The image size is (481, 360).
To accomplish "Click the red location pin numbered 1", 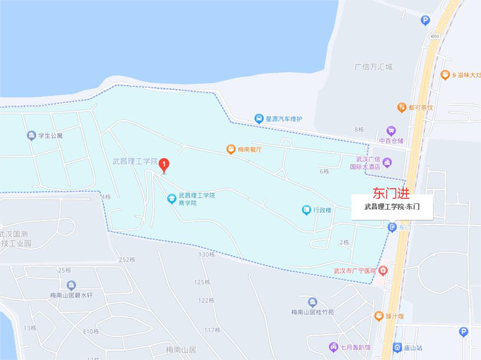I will (164, 164).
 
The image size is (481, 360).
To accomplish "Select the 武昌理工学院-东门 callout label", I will (393, 208).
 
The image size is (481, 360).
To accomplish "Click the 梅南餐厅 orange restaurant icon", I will (230, 149).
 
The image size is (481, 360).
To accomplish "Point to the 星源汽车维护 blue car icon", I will (259, 118).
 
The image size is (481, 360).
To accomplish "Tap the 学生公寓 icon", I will (31, 135).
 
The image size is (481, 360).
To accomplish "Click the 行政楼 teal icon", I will (305, 210).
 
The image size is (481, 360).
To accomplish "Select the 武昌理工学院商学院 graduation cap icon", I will (172, 198).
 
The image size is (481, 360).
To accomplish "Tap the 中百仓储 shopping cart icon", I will (391, 131).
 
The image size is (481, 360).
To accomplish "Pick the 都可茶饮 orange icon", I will (401, 107).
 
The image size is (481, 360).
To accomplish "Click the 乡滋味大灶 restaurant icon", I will (444, 74).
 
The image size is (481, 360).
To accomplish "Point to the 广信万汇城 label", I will (374, 67).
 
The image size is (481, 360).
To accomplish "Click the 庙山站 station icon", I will (398, 347).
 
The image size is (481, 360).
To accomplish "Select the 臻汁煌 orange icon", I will (378, 316).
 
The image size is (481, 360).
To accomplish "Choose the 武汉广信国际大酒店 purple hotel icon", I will (387, 162).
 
